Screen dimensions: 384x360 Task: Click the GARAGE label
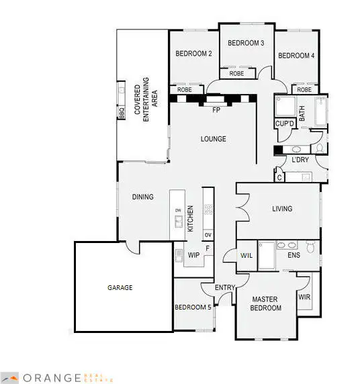(x=120, y=287)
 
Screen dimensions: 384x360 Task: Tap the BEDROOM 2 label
(x=194, y=54)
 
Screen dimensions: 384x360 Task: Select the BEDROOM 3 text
(x=246, y=43)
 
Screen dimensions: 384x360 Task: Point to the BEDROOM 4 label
(x=296, y=56)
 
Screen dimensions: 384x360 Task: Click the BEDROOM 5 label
(x=193, y=307)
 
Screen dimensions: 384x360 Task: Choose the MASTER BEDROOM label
(x=265, y=303)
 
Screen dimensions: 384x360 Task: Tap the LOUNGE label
(x=213, y=139)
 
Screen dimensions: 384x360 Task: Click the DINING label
(x=142, y=197)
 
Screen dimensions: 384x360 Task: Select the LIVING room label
(x=282, y=209)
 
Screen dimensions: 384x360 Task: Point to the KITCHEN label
(x=191, y=219)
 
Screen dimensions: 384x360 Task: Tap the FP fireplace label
(x=216, y=109)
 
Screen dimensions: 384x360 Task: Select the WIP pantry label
(x=193, y=255)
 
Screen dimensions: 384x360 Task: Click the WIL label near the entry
(x=246, y=255)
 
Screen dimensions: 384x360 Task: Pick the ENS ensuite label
(x=294, y=256)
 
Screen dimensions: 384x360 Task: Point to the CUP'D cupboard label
(x=285, y=124)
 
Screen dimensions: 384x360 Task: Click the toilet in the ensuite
(x=310, y=248)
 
